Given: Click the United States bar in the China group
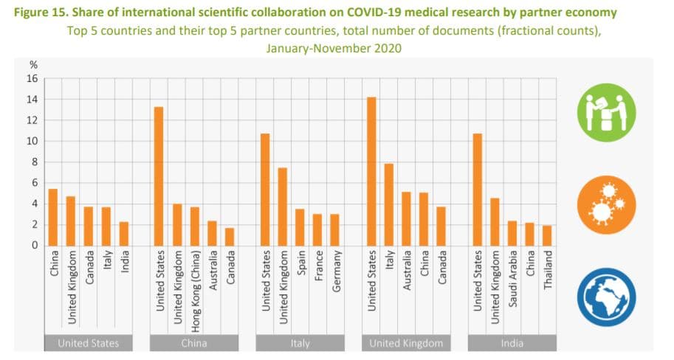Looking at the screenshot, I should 159,176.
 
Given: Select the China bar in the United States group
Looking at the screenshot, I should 53,218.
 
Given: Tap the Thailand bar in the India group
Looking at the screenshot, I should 548,235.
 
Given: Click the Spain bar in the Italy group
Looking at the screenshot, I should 300,227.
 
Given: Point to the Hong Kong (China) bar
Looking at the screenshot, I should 194,226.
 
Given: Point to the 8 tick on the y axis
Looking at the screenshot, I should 34,162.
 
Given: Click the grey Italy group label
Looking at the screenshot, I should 300,343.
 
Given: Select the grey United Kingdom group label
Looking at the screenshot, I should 407,343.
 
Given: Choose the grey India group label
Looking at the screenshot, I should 512,343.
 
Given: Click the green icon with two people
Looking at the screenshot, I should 606,112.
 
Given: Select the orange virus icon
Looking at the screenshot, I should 606,204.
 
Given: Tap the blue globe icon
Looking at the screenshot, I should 606,297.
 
